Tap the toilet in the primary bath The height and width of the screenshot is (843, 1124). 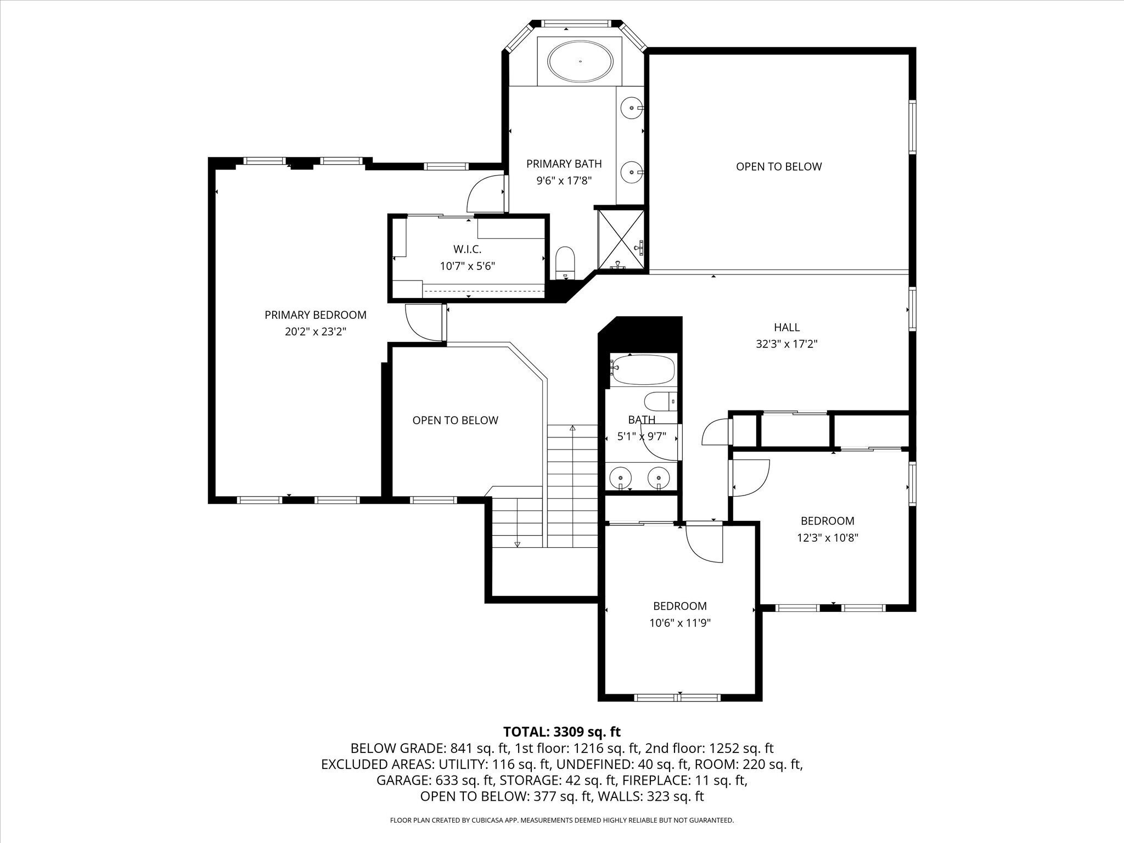(x=565, y=261)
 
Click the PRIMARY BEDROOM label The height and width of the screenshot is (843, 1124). (x=315, y=315)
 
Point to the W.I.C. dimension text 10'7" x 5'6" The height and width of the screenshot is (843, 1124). (x=467, y=266)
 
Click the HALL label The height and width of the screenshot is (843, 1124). (x=786, y=327)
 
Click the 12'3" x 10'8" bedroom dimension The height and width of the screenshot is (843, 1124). (x=827, y=538)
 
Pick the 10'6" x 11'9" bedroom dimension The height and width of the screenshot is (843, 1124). (x=679, y=623)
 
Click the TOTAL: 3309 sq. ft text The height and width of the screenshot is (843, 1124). (x=561, y=732)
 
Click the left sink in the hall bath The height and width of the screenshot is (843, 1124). (x=621, y=476)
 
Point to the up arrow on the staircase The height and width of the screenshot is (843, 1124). (x=572, y=428)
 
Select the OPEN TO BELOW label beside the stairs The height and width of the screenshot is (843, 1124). (x=455, y=420)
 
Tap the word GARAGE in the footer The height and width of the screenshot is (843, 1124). (x=402, y=780)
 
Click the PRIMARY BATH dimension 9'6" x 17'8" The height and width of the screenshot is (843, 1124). (x=564, y=180)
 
